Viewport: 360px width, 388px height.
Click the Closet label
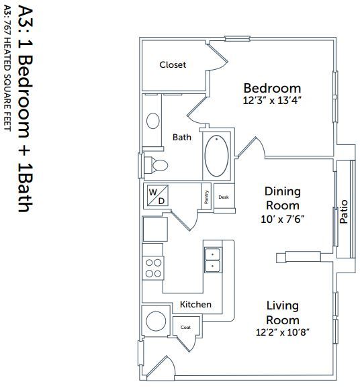[173, 65]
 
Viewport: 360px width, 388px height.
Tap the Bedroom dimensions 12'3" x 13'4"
[272, 101]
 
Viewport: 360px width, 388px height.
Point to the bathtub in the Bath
[216, 156]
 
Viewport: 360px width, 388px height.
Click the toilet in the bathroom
[156, 165]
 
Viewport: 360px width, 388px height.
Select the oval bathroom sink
[152, 121]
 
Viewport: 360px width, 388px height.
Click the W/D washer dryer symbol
[157, 195]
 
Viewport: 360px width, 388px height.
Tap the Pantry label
[206, 197]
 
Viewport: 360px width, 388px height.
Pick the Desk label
[224, 197]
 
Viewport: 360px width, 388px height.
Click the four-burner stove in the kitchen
[153, 268]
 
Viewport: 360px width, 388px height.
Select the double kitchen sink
[213, 260]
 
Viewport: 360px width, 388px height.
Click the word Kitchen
[195, 304]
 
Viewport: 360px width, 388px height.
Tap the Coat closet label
[185, 328]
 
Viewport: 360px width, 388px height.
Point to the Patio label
[344, 212]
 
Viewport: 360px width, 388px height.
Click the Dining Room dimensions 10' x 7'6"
[283, 220]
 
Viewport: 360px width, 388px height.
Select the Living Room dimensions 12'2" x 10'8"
[283, 332]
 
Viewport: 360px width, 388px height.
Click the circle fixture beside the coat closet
[156, 321]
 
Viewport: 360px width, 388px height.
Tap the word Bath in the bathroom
[182, 137]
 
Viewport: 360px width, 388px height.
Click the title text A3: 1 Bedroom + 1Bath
[26, 109]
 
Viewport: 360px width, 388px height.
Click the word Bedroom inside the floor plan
[272, 88]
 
